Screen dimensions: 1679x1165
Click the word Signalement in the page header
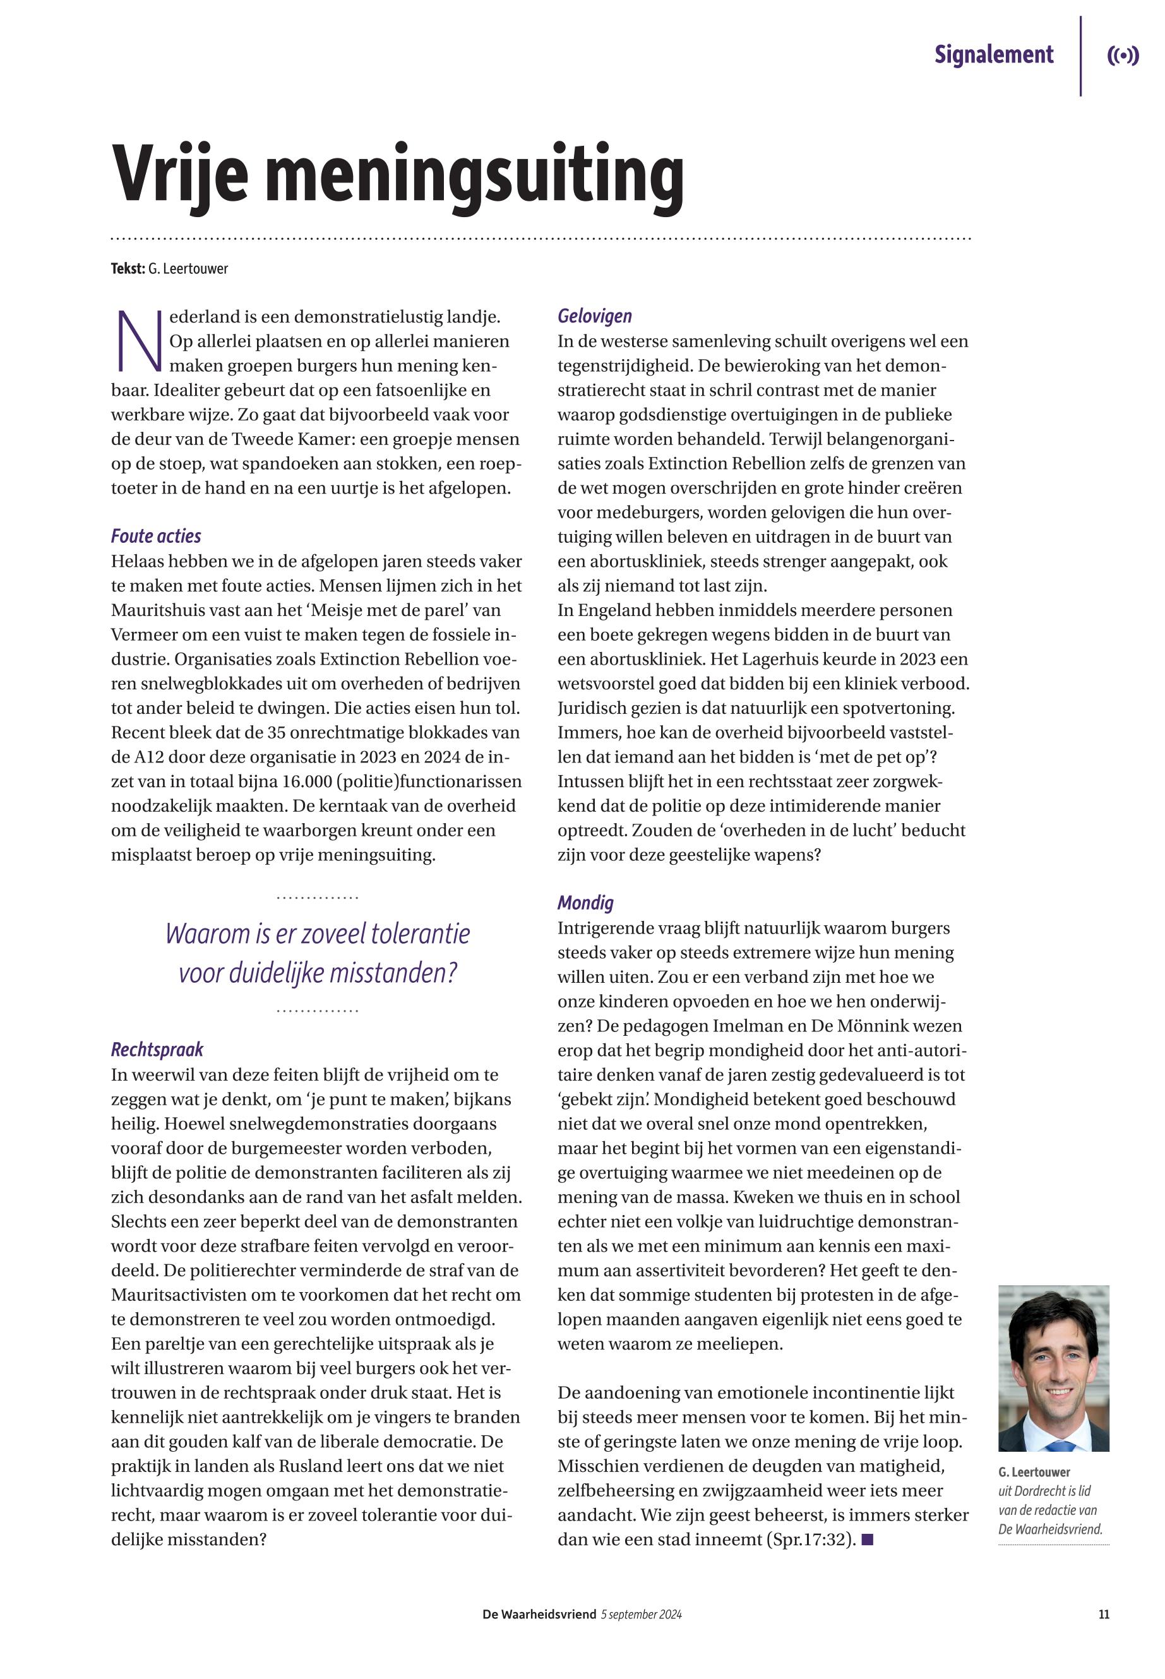click(993, 55)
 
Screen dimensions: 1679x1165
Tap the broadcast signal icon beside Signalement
click(1123, 56)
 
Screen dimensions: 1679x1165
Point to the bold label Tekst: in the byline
click(128, 268)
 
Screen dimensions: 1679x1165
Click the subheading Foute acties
click(155, 537)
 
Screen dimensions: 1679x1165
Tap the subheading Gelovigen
click(594, 316)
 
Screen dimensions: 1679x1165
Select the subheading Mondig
click(585, 903)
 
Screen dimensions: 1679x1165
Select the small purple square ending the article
click(867, 1540)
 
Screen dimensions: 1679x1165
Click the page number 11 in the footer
click(1104, 1615)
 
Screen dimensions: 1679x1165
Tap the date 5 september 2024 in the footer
click(642, 1615)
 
